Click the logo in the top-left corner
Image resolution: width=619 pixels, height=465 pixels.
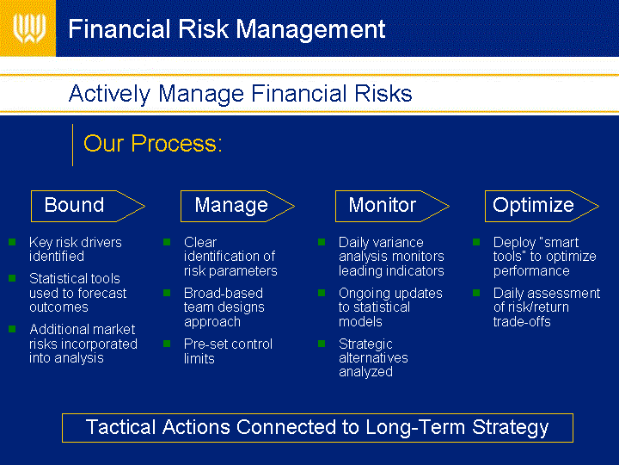29,28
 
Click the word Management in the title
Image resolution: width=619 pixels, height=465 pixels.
310,29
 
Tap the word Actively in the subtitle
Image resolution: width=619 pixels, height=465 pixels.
109,94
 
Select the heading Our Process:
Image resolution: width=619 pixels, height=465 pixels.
153,143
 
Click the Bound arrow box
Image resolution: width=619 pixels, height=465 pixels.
88,206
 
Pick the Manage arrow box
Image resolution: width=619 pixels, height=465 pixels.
237,206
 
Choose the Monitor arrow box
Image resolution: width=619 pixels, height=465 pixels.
392,206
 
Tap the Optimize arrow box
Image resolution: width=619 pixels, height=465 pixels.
542,206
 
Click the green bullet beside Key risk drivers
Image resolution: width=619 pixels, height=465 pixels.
12,242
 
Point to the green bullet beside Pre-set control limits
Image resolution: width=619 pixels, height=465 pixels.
167,344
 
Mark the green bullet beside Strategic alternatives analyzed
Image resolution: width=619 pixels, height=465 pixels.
322,344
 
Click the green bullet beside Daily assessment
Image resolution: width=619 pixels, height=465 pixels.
476,293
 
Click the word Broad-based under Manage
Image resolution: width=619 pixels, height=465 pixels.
224,294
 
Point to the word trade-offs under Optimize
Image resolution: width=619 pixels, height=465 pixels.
522,322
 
